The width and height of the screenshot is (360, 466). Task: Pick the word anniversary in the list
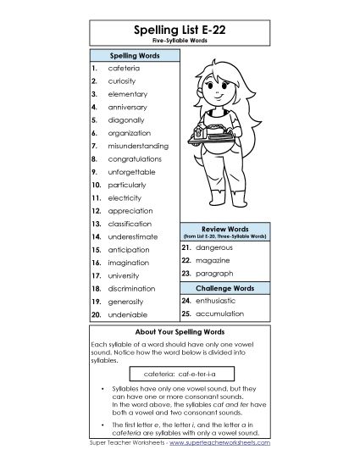coord(127,107)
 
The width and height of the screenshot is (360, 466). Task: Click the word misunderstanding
coord(138,146)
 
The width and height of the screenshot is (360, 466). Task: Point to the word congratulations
coord(135,158)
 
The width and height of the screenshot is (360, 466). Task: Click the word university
coord(125,275)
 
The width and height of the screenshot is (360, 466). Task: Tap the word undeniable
coord(126,314)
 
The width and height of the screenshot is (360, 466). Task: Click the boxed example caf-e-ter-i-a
coord(179,373)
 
